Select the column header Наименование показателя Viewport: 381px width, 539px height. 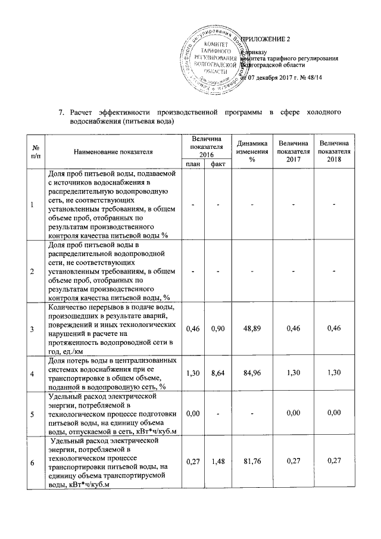[113, 152]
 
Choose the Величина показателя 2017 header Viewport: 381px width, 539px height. [293, 152]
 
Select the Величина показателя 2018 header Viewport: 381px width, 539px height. [335, 152]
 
